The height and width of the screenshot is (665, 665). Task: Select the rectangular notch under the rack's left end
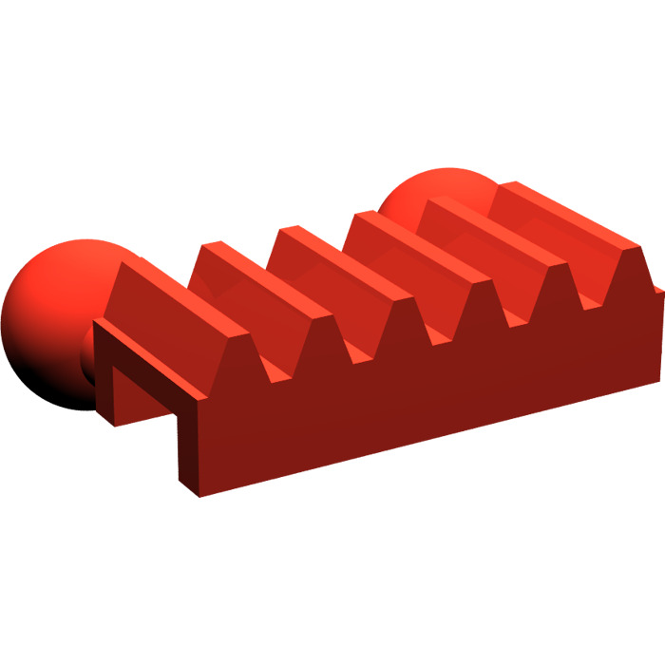142,399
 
